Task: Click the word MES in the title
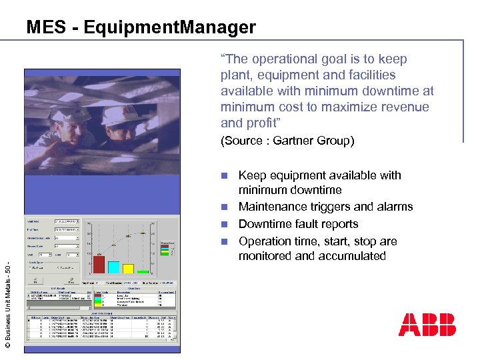pyautogui.click(x=44, y=27)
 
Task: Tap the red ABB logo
pyautogui.click(x=427, y=325)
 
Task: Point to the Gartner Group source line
pyautogui.click(x=287, y=141)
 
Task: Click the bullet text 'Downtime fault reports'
pyautogui.click(x=298, y=224)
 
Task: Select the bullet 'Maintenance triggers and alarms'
pyautogui.click(x=325, y=207)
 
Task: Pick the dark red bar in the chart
pyautogui.click(x=99, y=264)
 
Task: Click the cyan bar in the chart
pyautogui.click(x=114, y=267)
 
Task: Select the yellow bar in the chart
pyautogui.click(x=129, y=268)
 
